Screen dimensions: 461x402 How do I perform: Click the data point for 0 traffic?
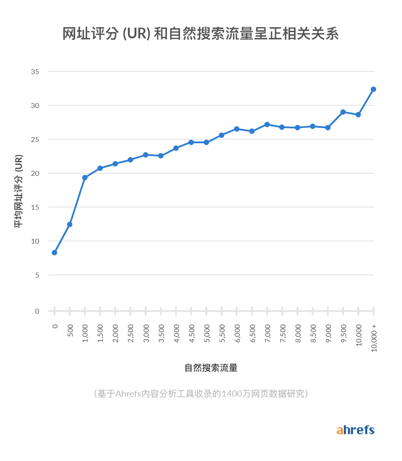[54, 253]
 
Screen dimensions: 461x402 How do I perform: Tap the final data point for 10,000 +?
[373, 89]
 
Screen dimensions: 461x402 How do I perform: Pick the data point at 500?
[70, 224]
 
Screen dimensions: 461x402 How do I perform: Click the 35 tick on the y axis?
[35, 72]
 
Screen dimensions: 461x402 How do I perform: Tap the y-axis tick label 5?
[37, 275]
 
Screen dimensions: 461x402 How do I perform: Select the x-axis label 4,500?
[192, 332]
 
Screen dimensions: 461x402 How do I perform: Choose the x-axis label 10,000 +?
[374, 338]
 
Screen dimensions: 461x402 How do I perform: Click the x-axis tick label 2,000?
[116, 332]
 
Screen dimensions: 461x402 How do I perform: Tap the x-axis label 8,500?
[313, 332]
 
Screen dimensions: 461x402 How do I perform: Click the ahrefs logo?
[355, 430]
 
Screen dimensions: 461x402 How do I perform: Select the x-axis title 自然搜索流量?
[211, 368]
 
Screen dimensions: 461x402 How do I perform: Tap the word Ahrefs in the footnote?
[127, 394]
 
